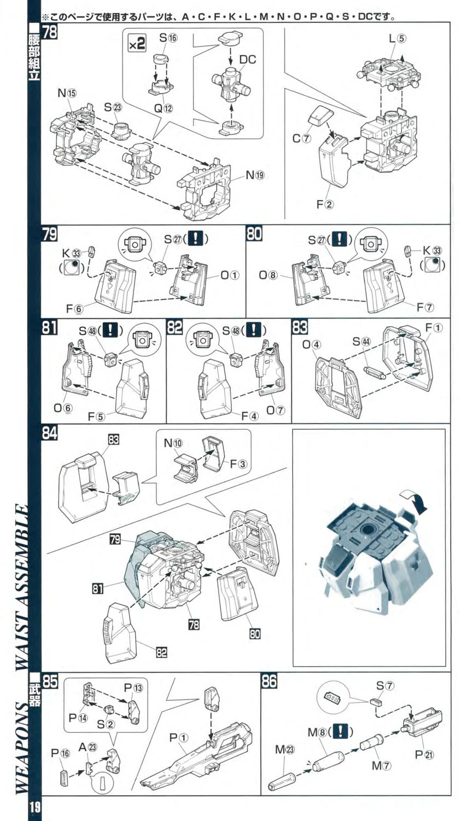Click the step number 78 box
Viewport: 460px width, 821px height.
[49, 31]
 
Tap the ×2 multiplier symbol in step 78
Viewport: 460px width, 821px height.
[137, 44]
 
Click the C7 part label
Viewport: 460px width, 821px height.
[301, 138]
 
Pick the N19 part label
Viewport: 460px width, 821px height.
[255, 175]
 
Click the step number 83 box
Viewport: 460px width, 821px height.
[300, 327]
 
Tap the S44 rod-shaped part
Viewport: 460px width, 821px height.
[375, 372]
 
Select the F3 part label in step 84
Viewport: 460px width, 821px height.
[239, 464]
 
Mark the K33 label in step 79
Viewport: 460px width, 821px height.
[71, 253]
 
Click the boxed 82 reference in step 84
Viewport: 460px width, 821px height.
[161, 652]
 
